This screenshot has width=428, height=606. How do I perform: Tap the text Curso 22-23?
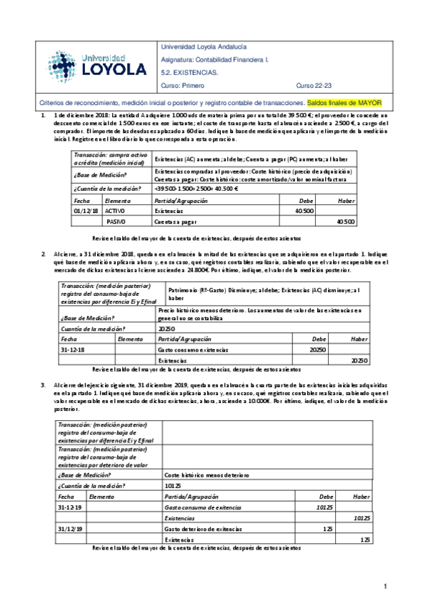(314, 85)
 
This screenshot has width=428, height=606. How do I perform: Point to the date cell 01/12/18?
(86, 211)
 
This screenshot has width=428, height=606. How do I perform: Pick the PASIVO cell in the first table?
(116, 222)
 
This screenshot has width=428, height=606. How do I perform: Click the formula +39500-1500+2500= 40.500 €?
(194, 189)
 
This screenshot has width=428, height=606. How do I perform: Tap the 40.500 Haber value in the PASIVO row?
(345, 222)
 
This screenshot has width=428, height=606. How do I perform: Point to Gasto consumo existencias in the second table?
(193, 349)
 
